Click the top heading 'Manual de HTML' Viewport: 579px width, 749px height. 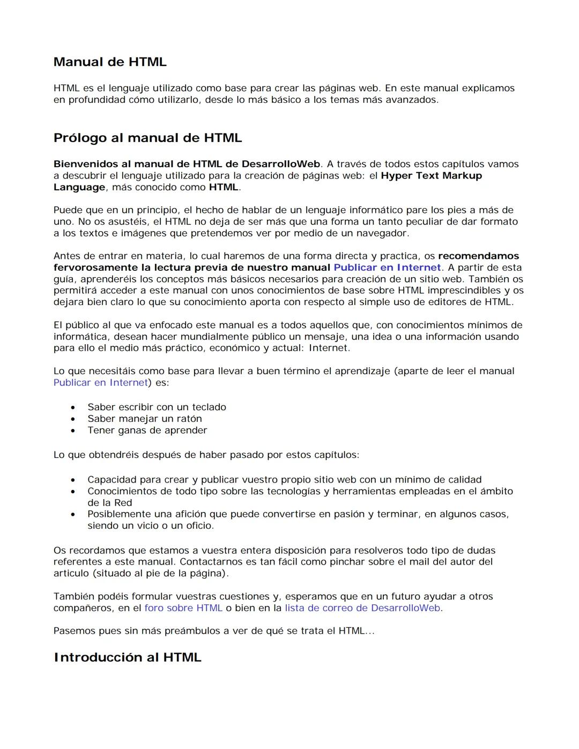coord(110,62)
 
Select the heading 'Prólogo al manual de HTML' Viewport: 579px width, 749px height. coord(147,138)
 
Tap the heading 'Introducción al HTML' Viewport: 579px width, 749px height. coord(127,657)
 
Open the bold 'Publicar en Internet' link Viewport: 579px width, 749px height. coord(387,268)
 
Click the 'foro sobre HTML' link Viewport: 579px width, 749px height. coord(183,608)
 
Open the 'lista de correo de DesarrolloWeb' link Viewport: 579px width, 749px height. coord(362,608)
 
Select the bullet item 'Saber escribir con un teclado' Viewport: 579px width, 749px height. coord(157,407)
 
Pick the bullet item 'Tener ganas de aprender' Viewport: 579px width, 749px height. coord(147,431)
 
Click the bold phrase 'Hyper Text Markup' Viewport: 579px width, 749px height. coord(431,176)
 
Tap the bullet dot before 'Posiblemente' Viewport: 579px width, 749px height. coord(73,515)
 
